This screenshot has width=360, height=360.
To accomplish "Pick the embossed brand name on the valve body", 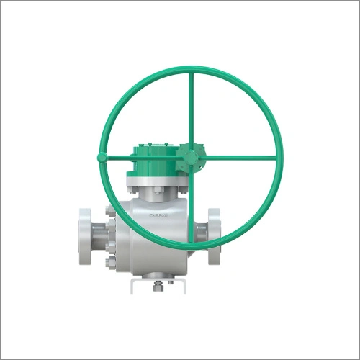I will click(x=156, y=214).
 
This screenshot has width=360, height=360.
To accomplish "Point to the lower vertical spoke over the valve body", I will click(x=192, y=216).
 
